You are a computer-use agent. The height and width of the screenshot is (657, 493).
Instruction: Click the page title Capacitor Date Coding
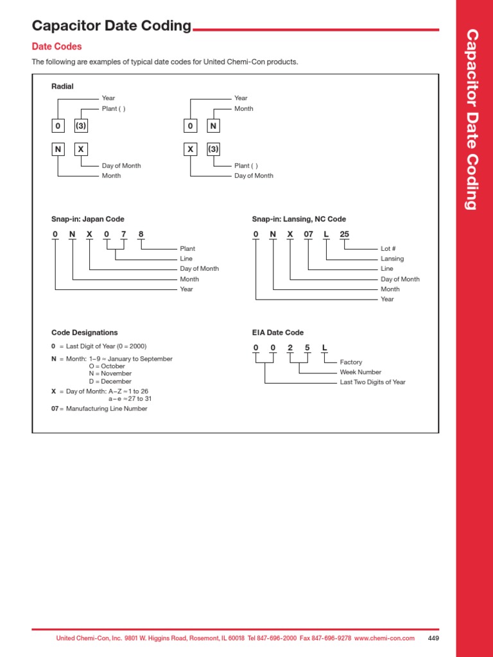(112, 26)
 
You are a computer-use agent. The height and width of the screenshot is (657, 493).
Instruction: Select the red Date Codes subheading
(56, 47)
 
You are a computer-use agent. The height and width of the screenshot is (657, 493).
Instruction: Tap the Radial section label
(62, 87)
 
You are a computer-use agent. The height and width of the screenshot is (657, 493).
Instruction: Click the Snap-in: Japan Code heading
(88, 219)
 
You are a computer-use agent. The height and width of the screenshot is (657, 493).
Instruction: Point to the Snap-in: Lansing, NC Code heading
(298, 219)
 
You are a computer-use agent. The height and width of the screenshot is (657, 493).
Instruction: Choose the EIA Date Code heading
(278, 333)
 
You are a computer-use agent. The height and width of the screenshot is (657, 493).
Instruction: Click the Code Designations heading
(84, 333)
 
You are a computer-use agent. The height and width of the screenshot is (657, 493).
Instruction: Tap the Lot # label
(388, 248)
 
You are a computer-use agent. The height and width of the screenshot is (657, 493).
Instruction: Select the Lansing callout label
(392, 259)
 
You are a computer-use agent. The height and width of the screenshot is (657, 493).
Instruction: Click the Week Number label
(360, 372)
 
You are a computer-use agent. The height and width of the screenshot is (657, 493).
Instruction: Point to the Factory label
(351, 362)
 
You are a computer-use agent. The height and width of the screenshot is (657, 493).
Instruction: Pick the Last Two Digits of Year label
(372, 382)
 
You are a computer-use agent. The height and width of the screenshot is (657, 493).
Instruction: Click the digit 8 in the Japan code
(141, 235)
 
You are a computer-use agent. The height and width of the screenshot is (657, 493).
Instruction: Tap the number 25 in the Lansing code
(345, 235)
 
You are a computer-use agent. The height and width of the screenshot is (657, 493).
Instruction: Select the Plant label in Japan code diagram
(187, 248)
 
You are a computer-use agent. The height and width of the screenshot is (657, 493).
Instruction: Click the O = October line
(107, 366)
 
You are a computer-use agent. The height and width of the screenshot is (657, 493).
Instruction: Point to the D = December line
(110, 382)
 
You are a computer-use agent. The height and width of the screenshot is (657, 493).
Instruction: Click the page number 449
(433, 638)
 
